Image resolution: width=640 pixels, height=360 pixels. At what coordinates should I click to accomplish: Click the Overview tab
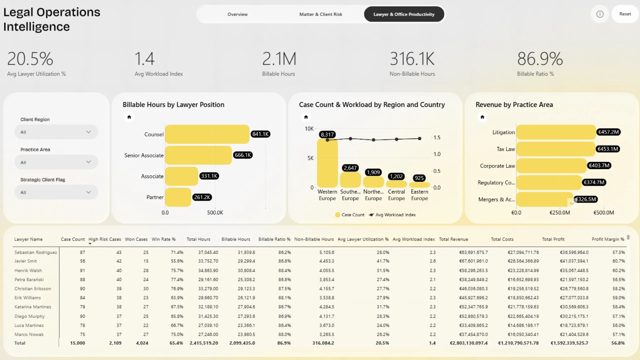tap(237, 14)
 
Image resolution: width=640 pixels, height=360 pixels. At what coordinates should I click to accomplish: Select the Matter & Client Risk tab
tap(321, 14)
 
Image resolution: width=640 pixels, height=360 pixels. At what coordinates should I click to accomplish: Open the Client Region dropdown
tap(56, 132)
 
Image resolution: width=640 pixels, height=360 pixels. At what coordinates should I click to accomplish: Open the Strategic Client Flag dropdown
tap(56, 192)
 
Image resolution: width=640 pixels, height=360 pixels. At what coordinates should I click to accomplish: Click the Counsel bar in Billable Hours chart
tap(207, 134)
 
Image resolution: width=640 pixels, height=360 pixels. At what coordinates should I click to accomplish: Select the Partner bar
tap(178, 197)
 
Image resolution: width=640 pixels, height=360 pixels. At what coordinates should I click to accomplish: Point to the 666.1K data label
tap(243, 155)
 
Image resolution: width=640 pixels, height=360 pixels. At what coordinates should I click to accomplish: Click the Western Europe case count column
tap(327, 163)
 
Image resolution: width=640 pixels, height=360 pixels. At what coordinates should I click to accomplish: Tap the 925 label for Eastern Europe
tap(419, 178)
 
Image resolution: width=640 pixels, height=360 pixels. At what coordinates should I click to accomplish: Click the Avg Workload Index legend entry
tap(392, 215)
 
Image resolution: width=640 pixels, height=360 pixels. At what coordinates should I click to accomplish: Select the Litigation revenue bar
tap(556, 132)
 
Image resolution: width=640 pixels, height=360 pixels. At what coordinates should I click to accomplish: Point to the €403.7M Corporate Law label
tap(599, 166)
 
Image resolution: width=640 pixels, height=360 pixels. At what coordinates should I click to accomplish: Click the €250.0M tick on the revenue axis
tap(560, 213)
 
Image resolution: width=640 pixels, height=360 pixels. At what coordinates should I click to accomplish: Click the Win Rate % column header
tap(164, 239)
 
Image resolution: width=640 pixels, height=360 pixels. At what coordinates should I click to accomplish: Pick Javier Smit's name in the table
tap(26, 261)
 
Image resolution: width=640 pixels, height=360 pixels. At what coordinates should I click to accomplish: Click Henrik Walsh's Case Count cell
tap(82, 271)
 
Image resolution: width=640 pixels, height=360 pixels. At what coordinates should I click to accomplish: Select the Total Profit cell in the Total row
tap(569, 343)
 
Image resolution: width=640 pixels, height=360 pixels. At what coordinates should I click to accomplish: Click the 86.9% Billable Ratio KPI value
tap(540, 59)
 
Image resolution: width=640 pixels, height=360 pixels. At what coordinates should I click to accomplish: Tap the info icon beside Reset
tap(600, 14)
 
